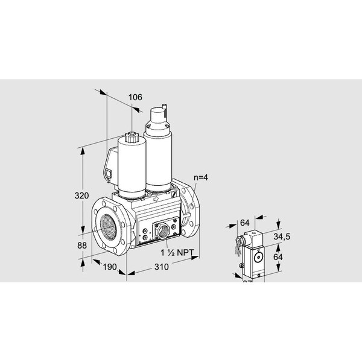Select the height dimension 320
(x=81, y=196)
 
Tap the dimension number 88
(x=81, y=246)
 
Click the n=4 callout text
(x=202, y=177)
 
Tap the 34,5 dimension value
(x=282, y=236)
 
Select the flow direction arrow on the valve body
(x=156, y=196)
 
